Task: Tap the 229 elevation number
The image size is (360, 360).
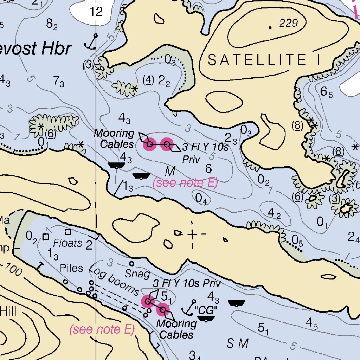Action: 288,24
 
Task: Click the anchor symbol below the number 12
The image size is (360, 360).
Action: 92,43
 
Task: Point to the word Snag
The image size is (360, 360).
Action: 137,274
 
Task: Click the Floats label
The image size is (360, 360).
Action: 67,243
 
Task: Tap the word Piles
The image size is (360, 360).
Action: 71,268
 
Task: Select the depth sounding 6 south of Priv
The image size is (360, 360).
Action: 208,169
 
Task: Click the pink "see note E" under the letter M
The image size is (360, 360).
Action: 185,183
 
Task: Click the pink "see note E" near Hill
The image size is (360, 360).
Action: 102,329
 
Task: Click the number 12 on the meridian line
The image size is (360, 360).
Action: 96,12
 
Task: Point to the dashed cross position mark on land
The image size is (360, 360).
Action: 192,234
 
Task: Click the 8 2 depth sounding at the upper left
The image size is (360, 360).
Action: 52,24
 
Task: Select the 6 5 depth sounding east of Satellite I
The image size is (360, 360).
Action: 326,92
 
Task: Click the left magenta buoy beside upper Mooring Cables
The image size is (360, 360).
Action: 149,144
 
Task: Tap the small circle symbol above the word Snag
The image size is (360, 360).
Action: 132,264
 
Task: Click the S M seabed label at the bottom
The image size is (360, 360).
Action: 238,343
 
